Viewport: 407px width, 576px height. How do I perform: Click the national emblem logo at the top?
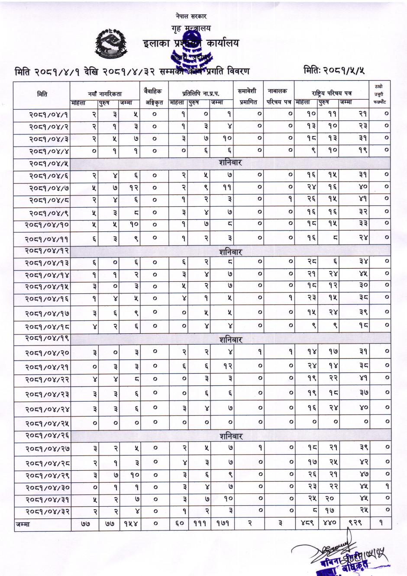tap(111, 42)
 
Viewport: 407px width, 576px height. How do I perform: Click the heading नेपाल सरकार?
tap(191, 16)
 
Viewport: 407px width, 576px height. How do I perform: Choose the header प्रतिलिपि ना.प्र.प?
tap(200, 93)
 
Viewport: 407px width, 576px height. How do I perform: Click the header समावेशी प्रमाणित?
tap(248, 96)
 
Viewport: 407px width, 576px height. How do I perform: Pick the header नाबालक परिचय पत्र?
tap(278, 96)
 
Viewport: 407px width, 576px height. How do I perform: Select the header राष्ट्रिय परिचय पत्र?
tap(332, 93)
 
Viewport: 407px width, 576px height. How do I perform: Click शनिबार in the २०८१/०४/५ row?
tap(230, 163)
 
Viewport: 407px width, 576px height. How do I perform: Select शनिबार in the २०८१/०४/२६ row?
tap(231, 436)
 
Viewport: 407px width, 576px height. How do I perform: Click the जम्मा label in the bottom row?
tap(23, 524)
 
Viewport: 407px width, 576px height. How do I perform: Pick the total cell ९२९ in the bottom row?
tap(354, 523)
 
